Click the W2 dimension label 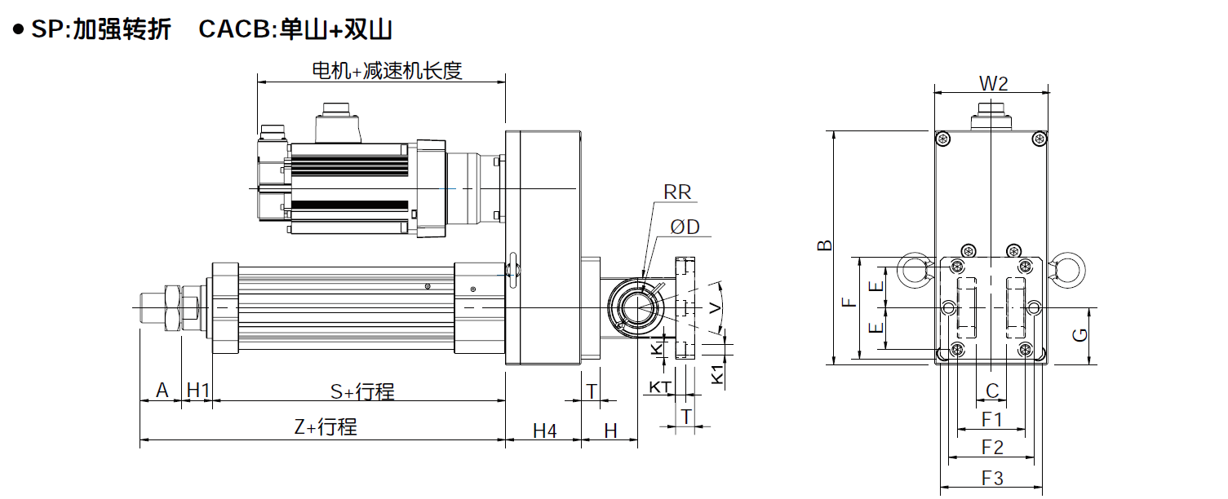click(993, 83)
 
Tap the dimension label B click(825, 245)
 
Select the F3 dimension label click(992, 478)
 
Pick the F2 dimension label click(992, 448)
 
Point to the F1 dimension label click(992, 419)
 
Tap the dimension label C click(992, 391)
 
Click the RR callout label click(677, 192)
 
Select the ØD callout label click(685, 227)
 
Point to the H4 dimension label click(544, 431)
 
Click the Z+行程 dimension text click(325, 426)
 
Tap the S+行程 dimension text click(362, 391)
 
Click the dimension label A click(162, 391)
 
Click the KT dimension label click(659, 386)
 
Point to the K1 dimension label click(717, 374)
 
